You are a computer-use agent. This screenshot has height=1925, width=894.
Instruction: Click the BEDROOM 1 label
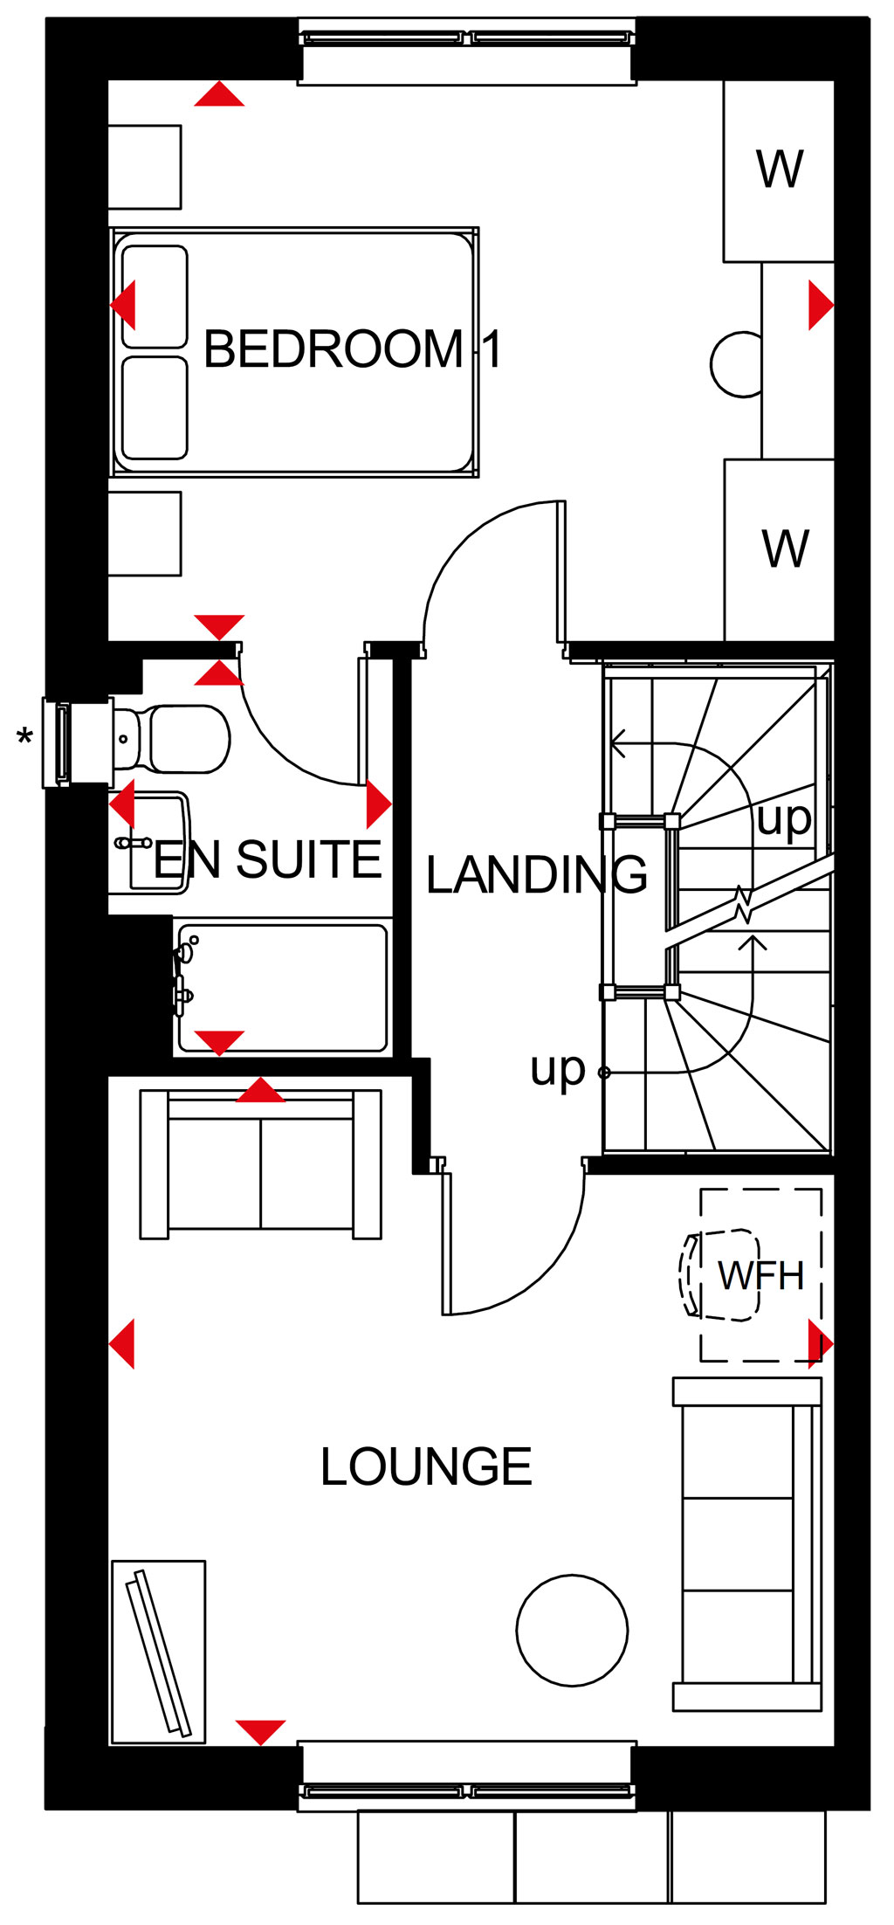tap(352, 349)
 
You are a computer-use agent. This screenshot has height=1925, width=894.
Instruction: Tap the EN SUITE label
tap(268, 859)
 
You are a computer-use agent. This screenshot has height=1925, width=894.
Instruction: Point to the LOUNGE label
tap(426, 1466)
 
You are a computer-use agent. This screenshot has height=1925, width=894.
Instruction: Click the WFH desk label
tap(760, 1276)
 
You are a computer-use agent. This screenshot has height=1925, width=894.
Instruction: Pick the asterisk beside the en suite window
tap(25, 738)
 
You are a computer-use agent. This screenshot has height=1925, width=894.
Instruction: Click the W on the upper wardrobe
tap(780, 169)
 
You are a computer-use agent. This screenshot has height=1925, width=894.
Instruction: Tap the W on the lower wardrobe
tap(785, 549)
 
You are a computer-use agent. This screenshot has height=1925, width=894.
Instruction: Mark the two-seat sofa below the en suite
tap(260, 1164)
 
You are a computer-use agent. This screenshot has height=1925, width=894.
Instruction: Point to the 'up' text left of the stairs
tap(557, 1070)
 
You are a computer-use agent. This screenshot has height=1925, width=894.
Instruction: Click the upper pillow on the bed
tap(155, 297)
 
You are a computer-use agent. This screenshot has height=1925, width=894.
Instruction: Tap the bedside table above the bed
tap(144, 167)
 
